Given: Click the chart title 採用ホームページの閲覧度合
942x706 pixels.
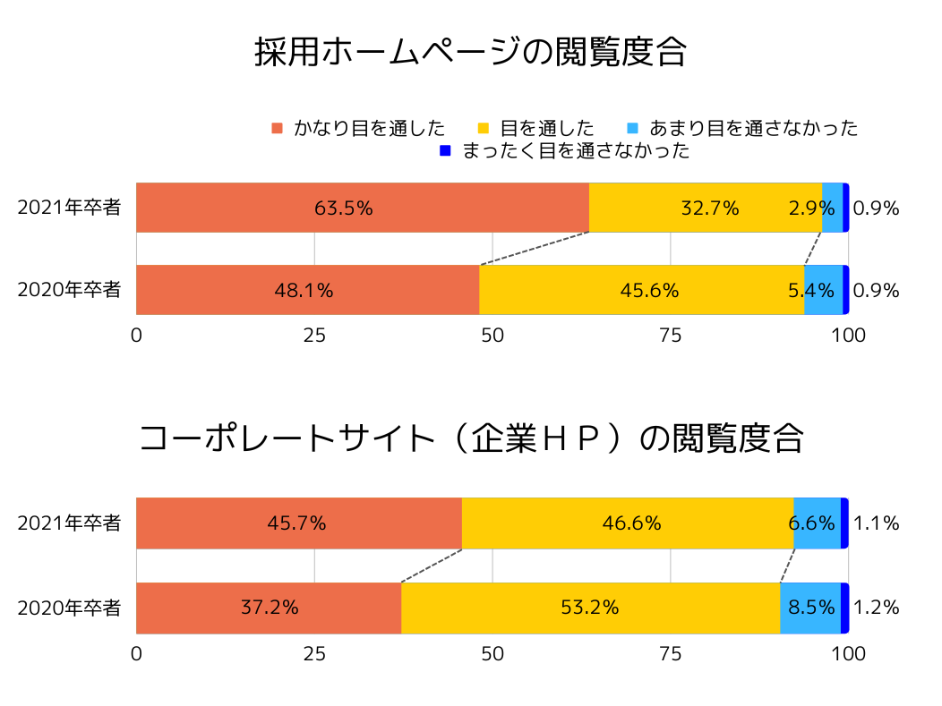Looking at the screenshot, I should (470, 52).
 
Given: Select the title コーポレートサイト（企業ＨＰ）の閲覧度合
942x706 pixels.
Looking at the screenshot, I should (471, 439).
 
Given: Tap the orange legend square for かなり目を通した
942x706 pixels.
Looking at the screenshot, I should (277, 128).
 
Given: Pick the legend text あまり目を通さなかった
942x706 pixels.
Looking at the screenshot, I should (753, 128).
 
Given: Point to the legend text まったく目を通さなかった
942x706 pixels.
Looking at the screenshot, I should (576, 151).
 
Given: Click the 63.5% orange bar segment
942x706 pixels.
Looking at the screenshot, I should (362, 208).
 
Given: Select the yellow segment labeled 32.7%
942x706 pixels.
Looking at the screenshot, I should (706, 208).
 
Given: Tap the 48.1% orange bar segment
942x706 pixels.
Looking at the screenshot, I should (307, 290).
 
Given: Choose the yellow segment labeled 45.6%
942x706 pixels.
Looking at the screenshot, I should (641, 290).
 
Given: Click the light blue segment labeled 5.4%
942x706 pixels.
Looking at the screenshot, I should (823, 290).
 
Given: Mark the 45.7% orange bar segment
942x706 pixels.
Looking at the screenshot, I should (298, 523).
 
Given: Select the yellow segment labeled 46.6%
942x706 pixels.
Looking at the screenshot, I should (627, 523).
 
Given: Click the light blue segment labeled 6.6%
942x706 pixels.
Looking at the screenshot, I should (817, 523).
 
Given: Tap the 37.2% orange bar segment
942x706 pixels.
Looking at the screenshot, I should (269, 608).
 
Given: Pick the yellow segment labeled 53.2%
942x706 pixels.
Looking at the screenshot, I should (590, 608).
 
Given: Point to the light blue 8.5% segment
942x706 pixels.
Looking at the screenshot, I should (809, 608).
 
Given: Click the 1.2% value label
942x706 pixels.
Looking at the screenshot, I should (877, 608).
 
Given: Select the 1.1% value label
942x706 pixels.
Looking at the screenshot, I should (877, 523).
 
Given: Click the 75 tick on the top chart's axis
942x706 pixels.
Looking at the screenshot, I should (670, 336).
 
